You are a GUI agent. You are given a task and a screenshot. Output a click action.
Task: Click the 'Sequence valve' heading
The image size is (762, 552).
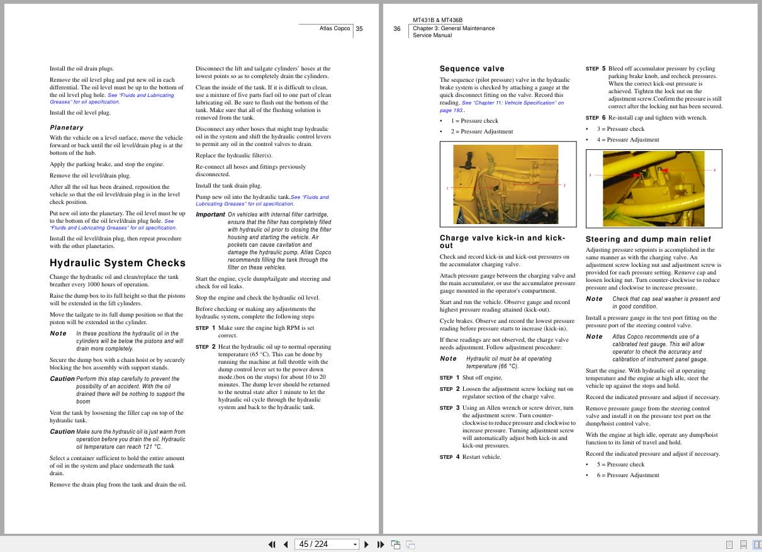(472, 69)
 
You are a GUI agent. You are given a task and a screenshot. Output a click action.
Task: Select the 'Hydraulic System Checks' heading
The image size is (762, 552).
(118, 263)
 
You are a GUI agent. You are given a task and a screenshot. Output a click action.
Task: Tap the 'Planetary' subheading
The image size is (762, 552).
(67, 127)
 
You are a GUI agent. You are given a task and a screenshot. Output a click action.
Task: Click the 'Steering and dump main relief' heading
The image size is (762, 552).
(648, 239)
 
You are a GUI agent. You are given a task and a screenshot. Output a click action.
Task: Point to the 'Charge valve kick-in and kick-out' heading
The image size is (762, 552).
(502, 242)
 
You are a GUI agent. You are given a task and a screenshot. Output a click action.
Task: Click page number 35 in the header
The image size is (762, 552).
(359, 28)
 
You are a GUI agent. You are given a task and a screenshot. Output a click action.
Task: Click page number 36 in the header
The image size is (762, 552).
(397, 28)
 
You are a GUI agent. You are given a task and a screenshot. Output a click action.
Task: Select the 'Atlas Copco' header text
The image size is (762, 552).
(334, 28)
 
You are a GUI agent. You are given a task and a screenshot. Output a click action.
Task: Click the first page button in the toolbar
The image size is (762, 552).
(272, 544)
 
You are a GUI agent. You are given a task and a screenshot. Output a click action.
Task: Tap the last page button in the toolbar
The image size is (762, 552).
(381, 544)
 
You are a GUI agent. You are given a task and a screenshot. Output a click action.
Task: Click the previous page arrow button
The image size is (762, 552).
(286, 544)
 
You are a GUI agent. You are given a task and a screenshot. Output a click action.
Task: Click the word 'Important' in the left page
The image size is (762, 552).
(210, 215)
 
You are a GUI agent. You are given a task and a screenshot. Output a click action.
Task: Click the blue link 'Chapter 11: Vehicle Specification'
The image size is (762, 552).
(512, 103)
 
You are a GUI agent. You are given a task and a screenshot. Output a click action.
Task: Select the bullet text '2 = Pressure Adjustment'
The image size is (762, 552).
(481, 132)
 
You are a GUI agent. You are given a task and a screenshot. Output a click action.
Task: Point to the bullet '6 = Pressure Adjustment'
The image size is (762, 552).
(628, 475)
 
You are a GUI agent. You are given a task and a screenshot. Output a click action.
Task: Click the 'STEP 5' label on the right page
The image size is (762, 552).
(595, 69)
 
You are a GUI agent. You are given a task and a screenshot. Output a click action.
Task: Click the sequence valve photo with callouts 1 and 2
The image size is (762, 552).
(507, 186)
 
